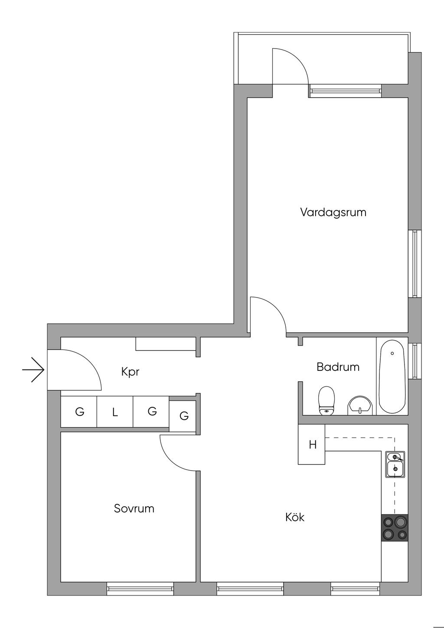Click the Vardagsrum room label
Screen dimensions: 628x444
333,213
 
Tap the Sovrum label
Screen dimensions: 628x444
134,508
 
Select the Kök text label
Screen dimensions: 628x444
295,517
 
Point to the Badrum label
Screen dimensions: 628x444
338,367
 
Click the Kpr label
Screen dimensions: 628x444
130,372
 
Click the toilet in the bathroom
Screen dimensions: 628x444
326,400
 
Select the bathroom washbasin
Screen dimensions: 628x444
359,405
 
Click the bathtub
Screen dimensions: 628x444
392,376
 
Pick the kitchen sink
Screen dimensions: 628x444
395,464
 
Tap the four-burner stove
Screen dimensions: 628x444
395,527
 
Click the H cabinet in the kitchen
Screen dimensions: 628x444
312,445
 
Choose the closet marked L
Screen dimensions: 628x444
115,412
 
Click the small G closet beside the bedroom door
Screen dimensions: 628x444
184,416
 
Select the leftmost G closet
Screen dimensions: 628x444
79,412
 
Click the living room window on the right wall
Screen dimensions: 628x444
415,264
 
